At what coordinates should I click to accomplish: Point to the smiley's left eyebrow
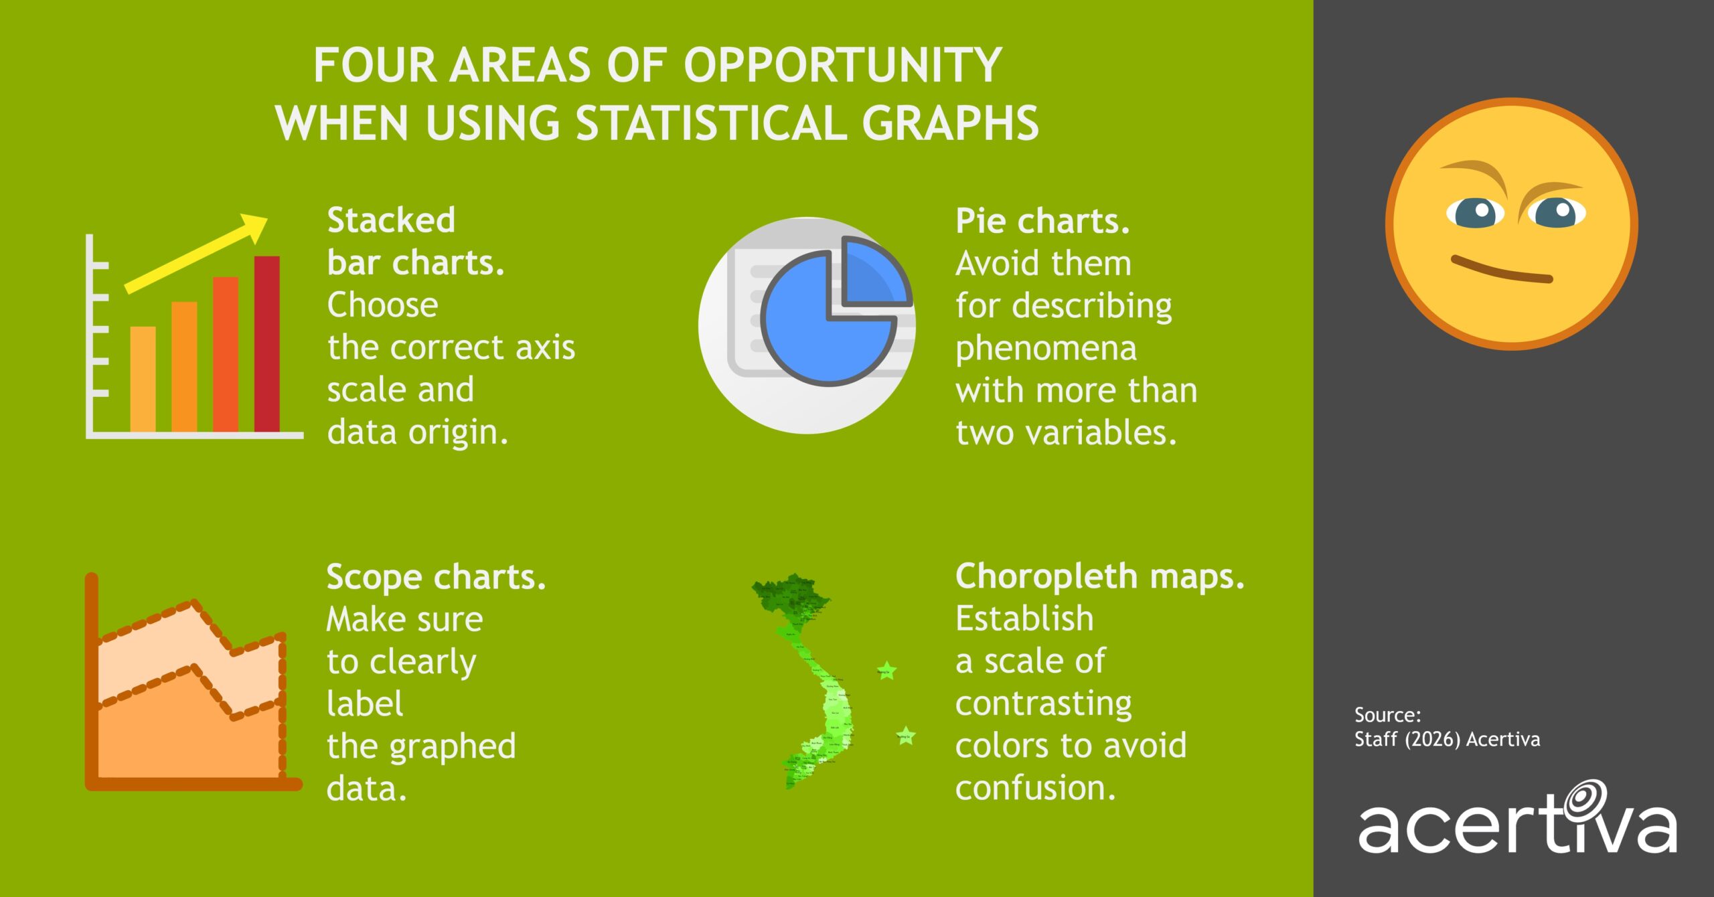coord(1473,171)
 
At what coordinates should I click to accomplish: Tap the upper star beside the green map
coord(886,670)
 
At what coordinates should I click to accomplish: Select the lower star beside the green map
coord(906,736)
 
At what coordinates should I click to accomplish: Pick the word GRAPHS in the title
coord(950,124)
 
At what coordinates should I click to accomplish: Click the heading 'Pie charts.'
coord(1042,221)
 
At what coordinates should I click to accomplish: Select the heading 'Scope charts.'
coord(436,577)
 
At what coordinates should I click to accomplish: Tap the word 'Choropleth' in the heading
coord(1046,576)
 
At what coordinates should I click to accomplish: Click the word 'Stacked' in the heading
coord(391,220)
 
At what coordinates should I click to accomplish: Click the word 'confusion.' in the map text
coord(1035,788)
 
